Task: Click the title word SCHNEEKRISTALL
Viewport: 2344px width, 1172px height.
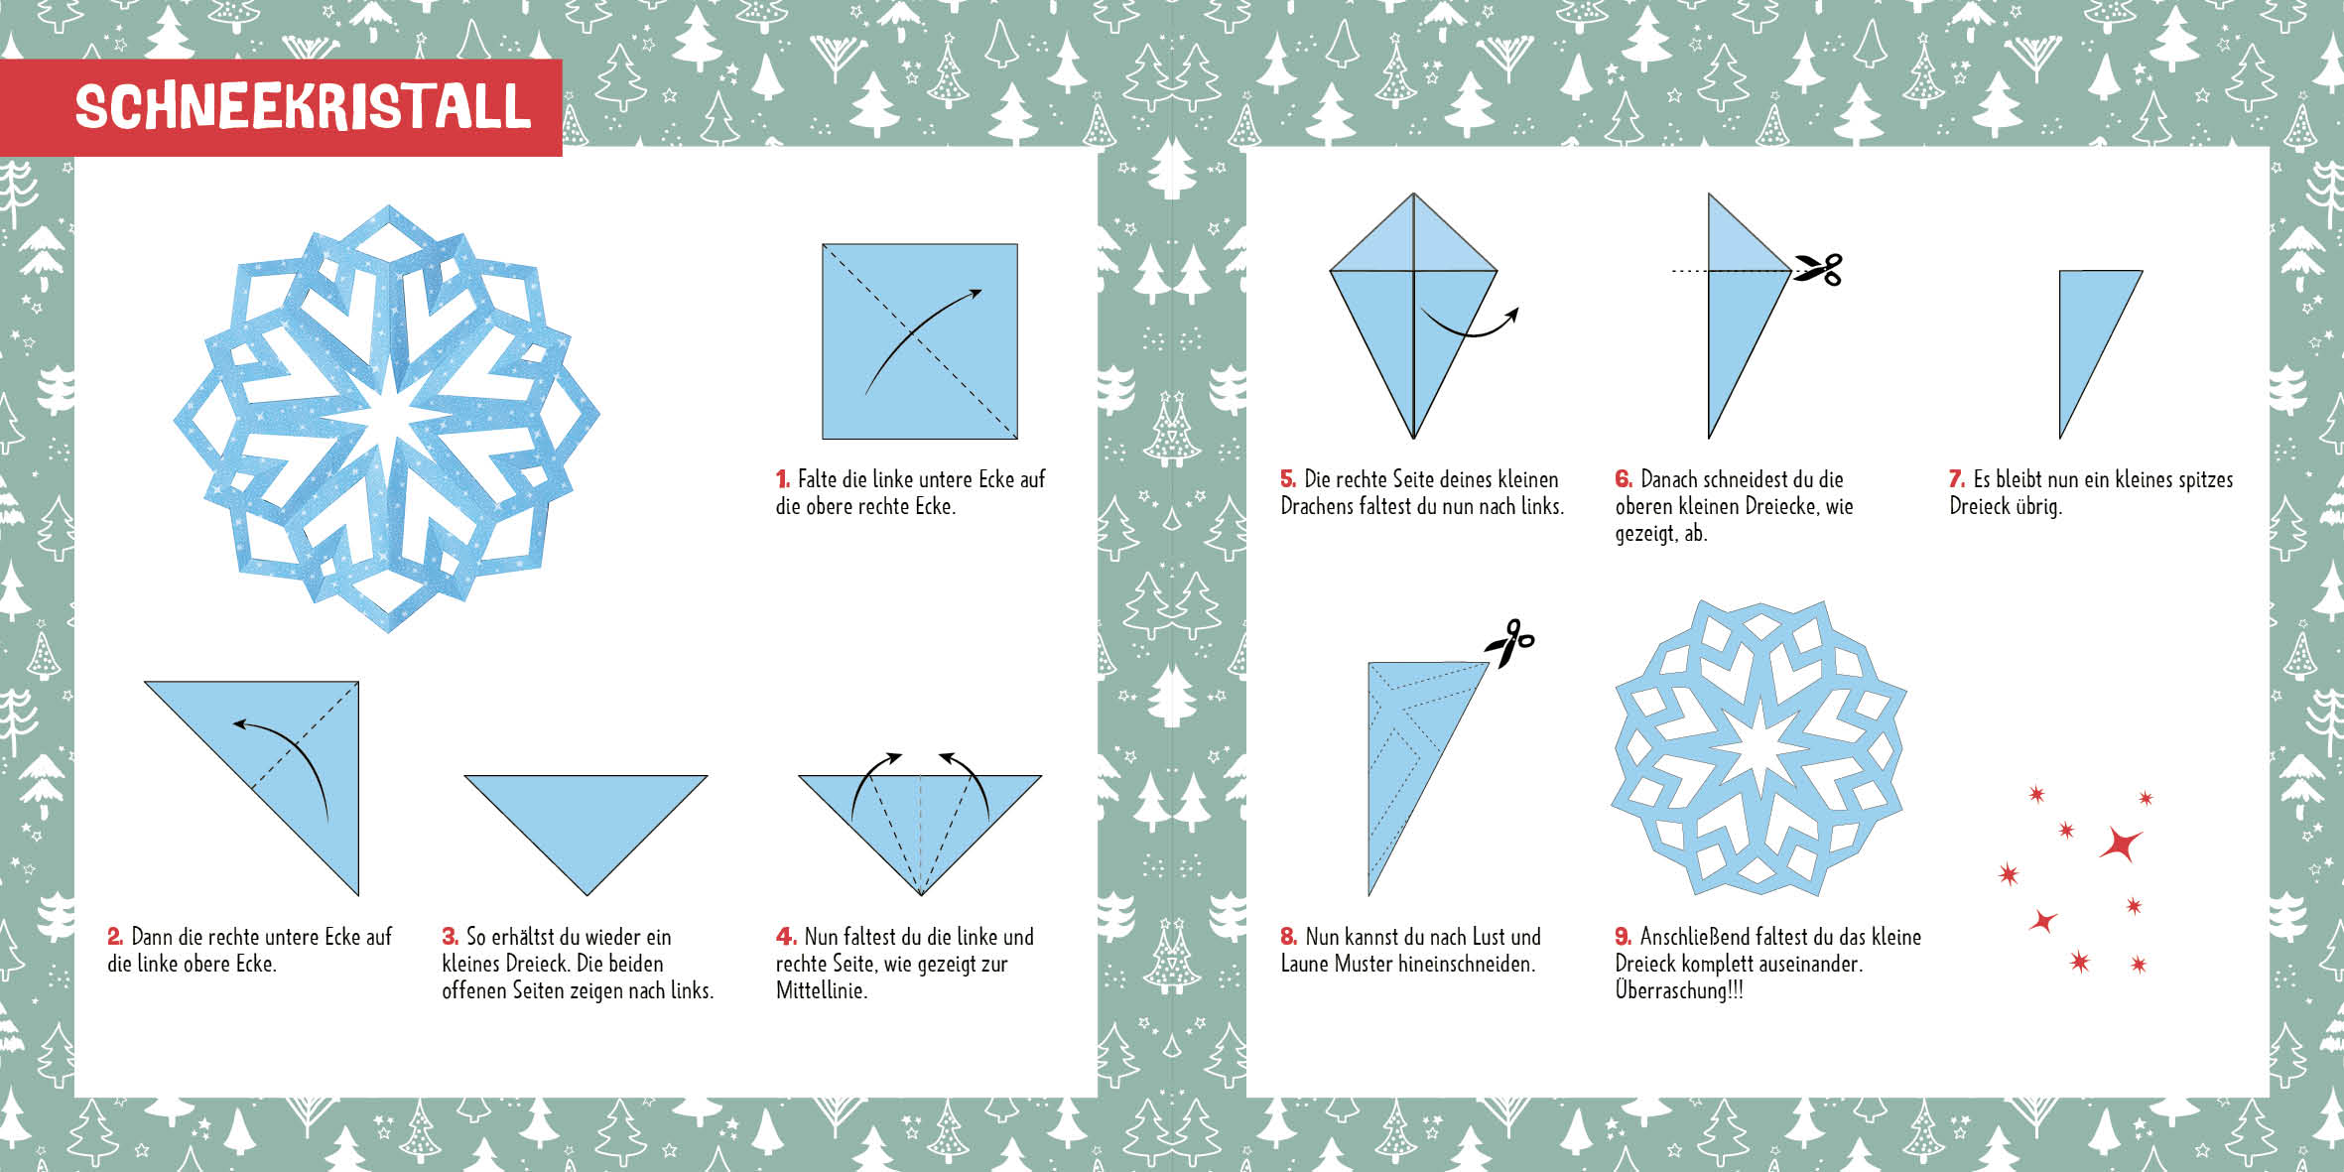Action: [x=304, y=107]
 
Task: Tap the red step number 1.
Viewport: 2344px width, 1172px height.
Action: [x=782, y=479]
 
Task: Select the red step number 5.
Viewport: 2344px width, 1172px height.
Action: [x=1288, y=479]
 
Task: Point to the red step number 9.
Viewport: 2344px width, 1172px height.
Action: [x=1624, y=937]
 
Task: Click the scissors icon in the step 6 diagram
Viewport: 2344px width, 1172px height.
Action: [x=1817, y=269]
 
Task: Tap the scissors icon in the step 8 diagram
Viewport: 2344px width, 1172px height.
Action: [x=1509, y=643]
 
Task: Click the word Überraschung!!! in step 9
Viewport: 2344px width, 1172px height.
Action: [x=1679, y=990]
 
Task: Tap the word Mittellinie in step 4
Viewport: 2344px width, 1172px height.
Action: [x=820, y=990]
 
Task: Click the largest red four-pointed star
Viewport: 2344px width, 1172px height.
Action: [x=2121, y=845]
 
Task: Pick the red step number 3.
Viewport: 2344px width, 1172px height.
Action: [x=450, y=937]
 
